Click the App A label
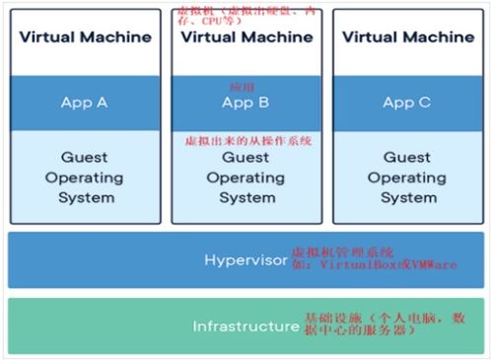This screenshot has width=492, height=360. [85, 102]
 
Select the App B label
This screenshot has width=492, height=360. [246, 103]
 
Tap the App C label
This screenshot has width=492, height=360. [406, 102]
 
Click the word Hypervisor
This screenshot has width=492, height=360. [246, 260]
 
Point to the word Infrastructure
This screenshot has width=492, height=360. [246, 325]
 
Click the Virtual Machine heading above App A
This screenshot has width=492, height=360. [85, 37]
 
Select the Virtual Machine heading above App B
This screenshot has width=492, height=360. [246, 37]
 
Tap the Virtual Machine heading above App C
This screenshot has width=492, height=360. [407, 37]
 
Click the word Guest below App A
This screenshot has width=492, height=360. [85, 158]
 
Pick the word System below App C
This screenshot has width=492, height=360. [407, 197]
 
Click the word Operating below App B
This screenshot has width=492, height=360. [246, 178]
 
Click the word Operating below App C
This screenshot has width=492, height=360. [407, 178]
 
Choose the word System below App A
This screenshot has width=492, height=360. [85, 197]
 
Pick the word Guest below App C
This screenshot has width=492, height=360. [407, 158]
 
